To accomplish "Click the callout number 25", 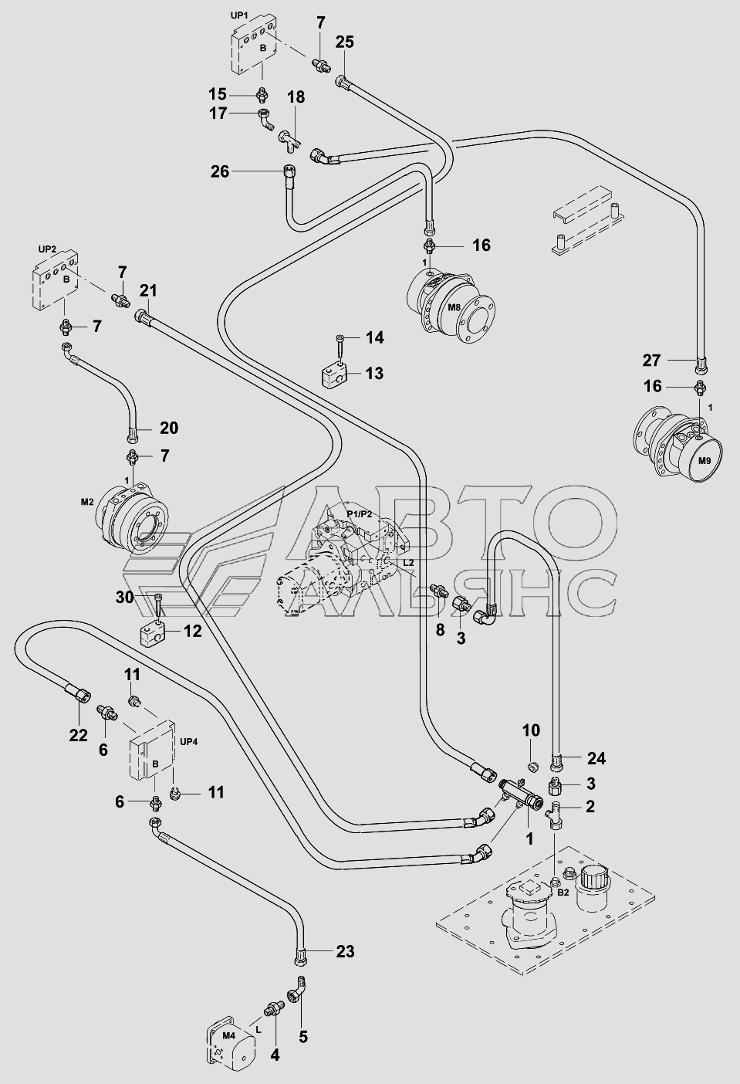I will pos(344,42).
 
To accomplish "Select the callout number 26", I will pos(220,171).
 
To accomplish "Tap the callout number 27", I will pos(652,360).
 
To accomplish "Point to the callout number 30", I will pos(125,598).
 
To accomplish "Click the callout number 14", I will pos(374,337).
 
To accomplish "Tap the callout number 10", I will pos(531,730).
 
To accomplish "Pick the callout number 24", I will pos(596,758).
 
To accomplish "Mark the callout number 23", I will pos(344,951).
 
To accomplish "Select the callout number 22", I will pos(78,735).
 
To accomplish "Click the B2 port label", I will pos(563,892).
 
